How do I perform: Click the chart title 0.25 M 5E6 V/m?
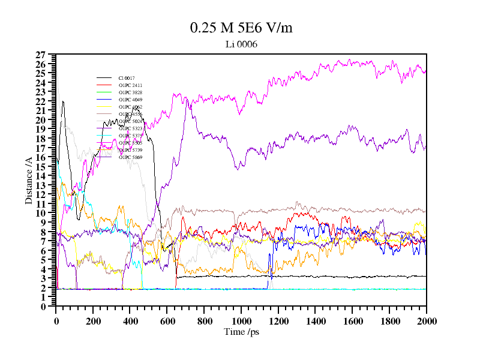tap(241, 28)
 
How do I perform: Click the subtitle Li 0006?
tap(241, 44)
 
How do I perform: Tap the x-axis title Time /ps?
tap(241, 332)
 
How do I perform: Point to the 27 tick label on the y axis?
tap(41, 55)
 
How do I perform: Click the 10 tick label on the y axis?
tap(41, 213)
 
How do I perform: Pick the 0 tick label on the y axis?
tap(43, 307)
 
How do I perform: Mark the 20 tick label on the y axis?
tap(41, 120)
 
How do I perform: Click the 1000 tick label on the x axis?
tap(241, 321)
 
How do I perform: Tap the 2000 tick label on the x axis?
tap(427, 321)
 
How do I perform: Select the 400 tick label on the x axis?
tap(130, 321)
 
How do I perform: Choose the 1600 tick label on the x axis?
tap(352, 321)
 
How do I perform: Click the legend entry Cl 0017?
tap(127, 78)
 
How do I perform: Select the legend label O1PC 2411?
tap(130, 85)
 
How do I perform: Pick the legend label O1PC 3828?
tap(130, 92)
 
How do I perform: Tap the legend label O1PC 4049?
tap(130, 100)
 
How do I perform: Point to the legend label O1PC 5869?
tap(130, 157)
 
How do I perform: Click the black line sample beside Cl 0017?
tap(104, 78)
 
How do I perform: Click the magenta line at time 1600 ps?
tap(352, 62)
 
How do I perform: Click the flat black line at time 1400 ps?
tap(315, 277)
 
